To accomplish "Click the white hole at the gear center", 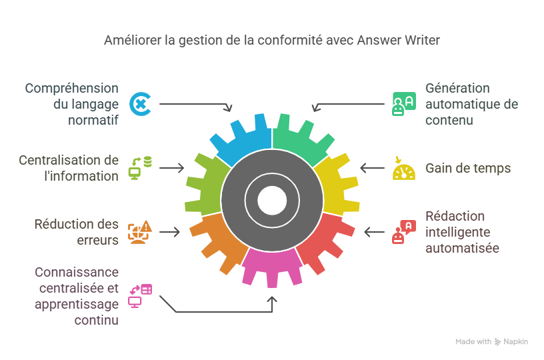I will click(x=271, y=198).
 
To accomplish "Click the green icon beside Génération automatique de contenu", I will click(x=403, y=104).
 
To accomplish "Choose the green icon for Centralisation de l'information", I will click(x=140, y=168).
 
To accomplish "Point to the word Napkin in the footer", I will click(x=517, y=341).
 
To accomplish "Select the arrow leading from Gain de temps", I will click(x=372, y=168).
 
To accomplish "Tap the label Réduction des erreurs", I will click(x=77, y=232).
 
